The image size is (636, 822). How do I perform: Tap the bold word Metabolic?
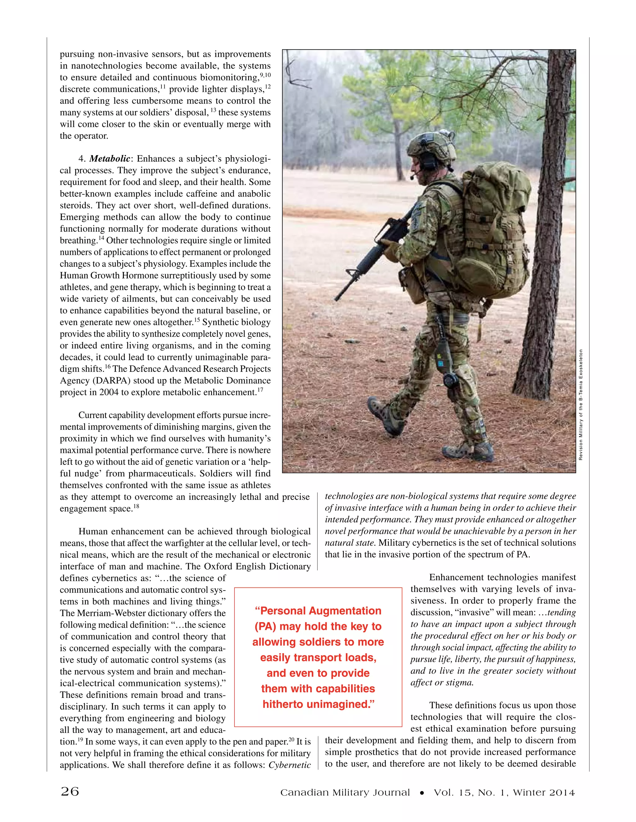pos(110,159)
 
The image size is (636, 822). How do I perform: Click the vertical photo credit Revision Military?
pos(581,404)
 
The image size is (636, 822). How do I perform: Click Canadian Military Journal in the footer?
pos(345,792)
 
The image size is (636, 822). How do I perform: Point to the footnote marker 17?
pos(260,390)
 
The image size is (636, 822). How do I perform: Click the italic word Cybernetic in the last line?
pos(289,765)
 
